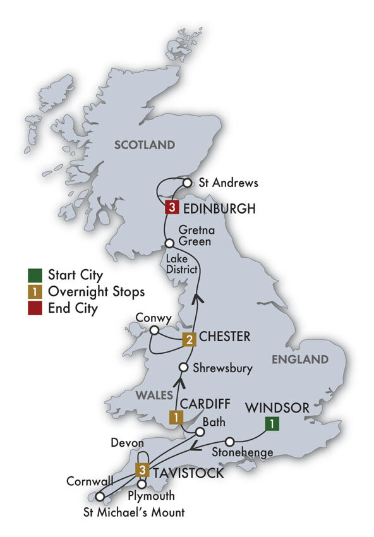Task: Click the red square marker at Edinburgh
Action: [x=170, y=207]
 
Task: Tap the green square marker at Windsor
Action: [x=271, y=425]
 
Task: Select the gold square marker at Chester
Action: [x=188, y=340]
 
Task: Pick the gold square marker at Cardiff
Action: [x=174, y=417]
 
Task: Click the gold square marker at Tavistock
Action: [x=143, y=469]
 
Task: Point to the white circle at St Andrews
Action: [x=187, y=183]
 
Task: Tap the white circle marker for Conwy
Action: [x=154, y=329]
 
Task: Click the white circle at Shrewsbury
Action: [x=183, y=367]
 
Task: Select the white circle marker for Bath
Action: [x=200, y=432]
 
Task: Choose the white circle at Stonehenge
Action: [x=230, y=441]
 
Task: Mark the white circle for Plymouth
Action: [x=142, y=484]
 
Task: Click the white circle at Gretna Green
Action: [x=169, y=243]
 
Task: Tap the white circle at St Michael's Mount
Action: [x=100, y=496]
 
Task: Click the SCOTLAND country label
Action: [x=144, y=145]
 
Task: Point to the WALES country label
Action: [x=148, y=395]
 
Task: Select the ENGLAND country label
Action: [x=301, y=359]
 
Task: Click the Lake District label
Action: [x=183, y=265]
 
